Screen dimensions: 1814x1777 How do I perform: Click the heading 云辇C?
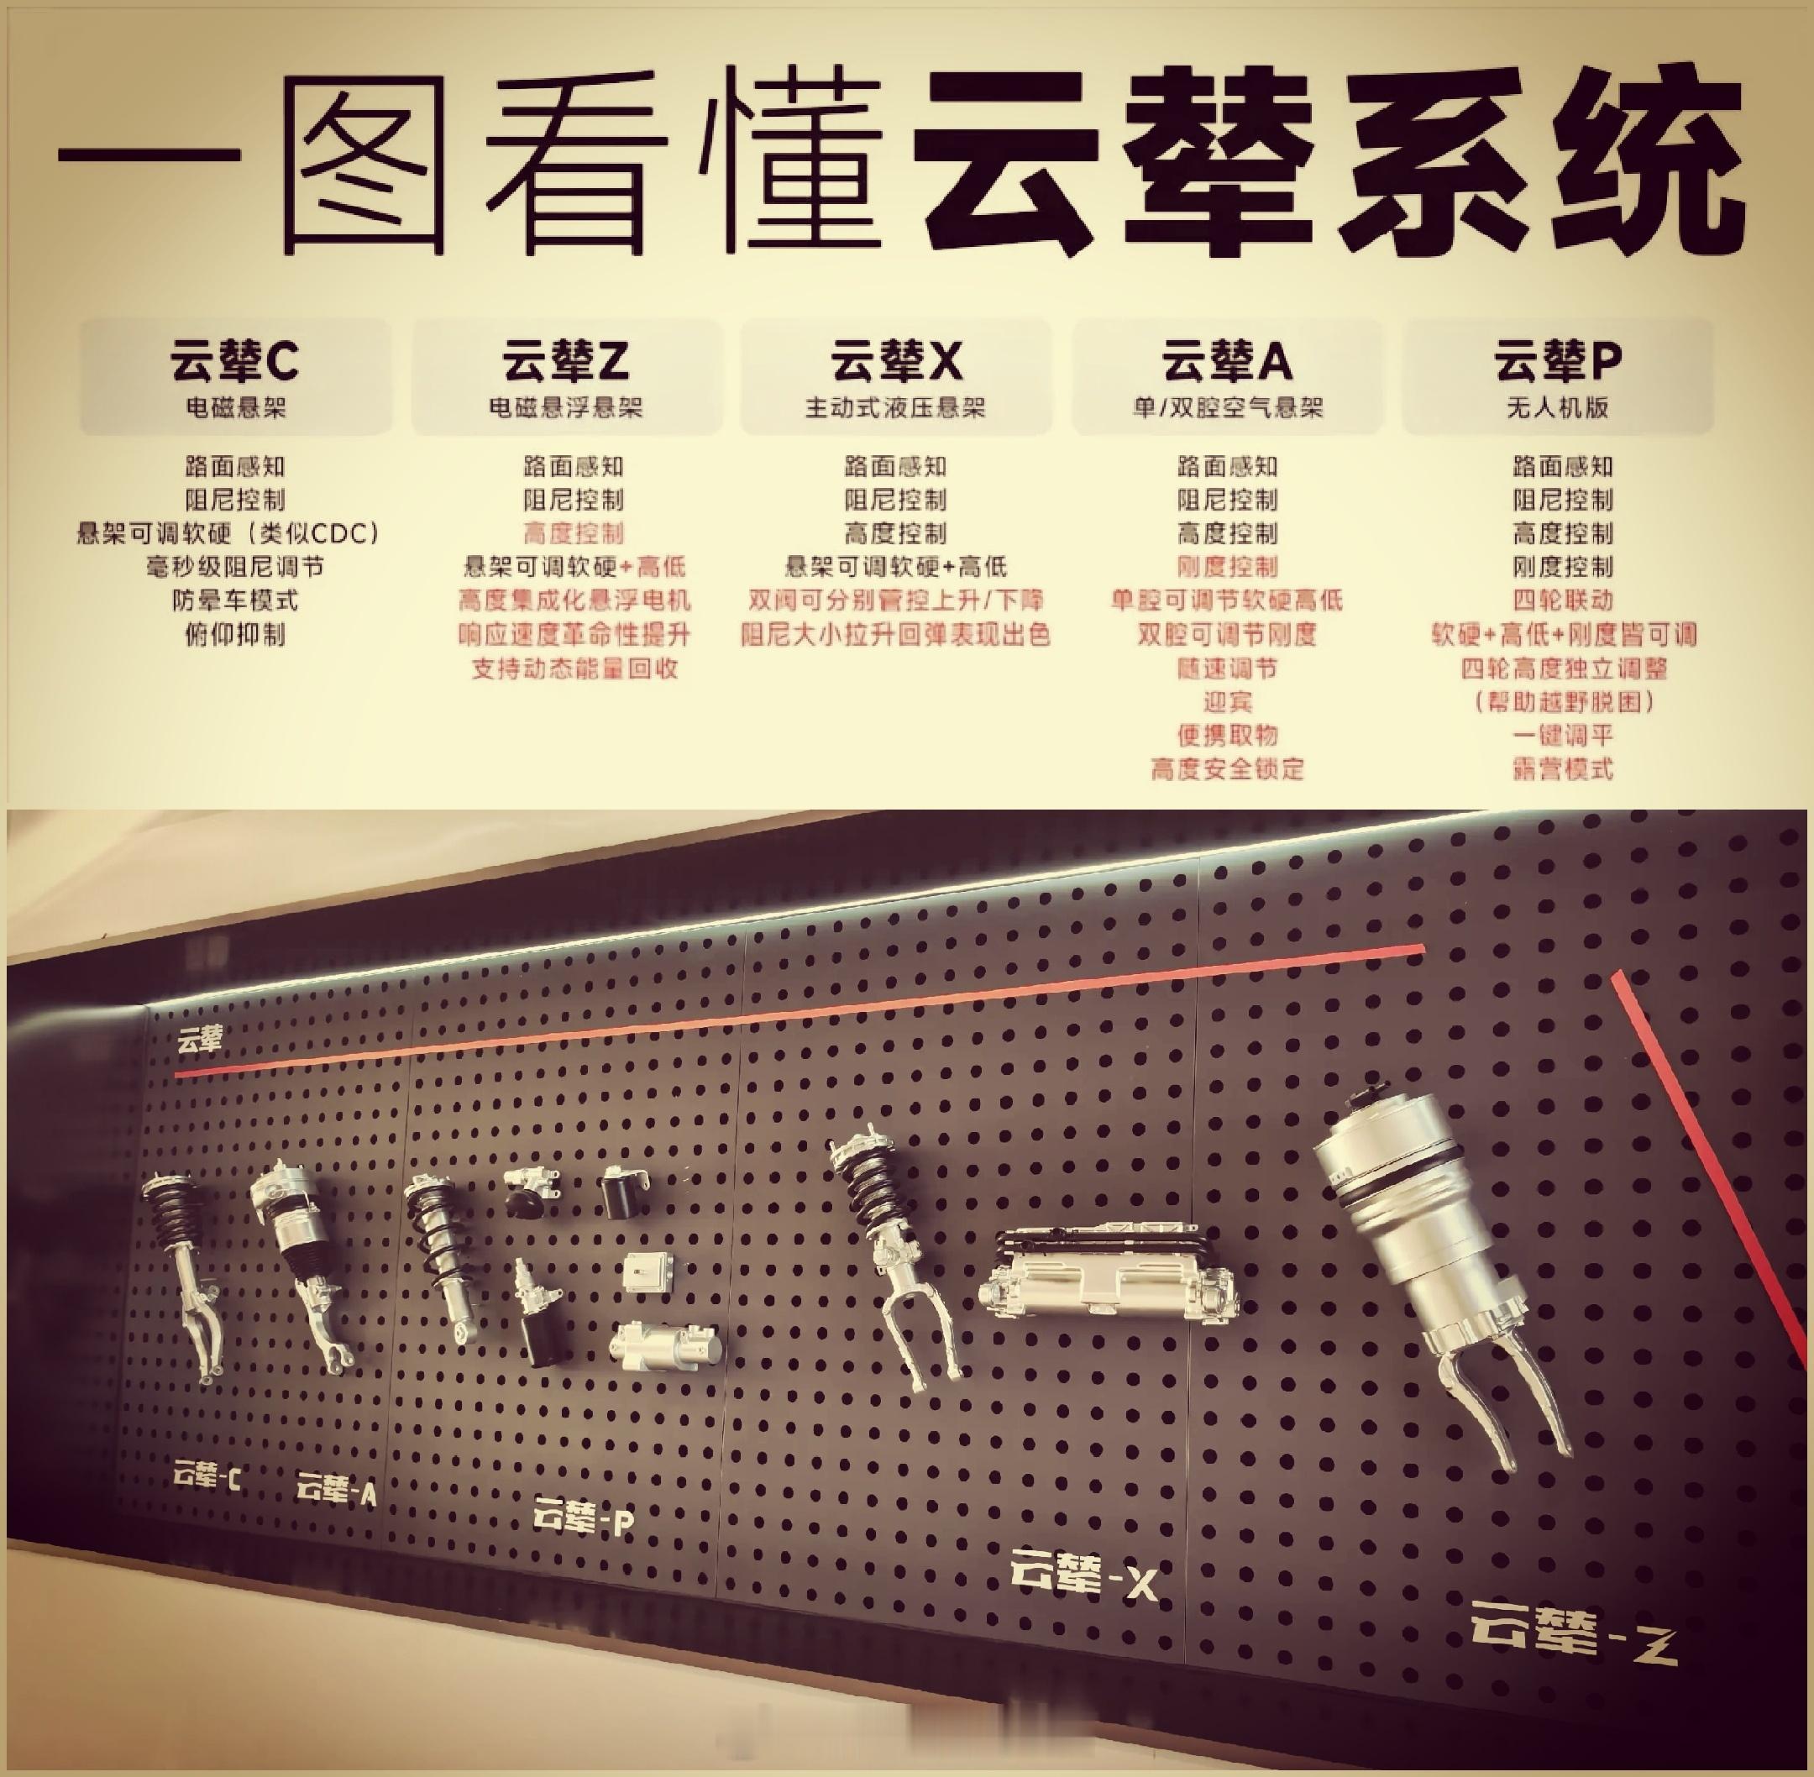pos(234,362)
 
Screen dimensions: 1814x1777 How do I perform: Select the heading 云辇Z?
pos(566,362)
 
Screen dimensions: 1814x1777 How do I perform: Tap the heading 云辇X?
pos(897,362)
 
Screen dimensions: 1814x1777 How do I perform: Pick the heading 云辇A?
pos(1227,362)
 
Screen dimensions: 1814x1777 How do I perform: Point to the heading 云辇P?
pos(1559,362)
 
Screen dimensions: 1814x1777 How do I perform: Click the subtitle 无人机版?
pos(1559,408)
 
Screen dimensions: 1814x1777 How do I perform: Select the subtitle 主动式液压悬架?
pos(897,408)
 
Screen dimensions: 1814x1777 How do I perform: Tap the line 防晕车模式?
pos(234,600)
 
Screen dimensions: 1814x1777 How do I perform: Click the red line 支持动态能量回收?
pos(574,668)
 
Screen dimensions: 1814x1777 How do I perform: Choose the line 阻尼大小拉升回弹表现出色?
pos(897,635)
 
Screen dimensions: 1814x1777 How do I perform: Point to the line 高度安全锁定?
pos(1227,769)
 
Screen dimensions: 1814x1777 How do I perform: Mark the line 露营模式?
pos(1563,769)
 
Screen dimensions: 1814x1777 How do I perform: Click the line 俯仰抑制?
pos(234,635)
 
